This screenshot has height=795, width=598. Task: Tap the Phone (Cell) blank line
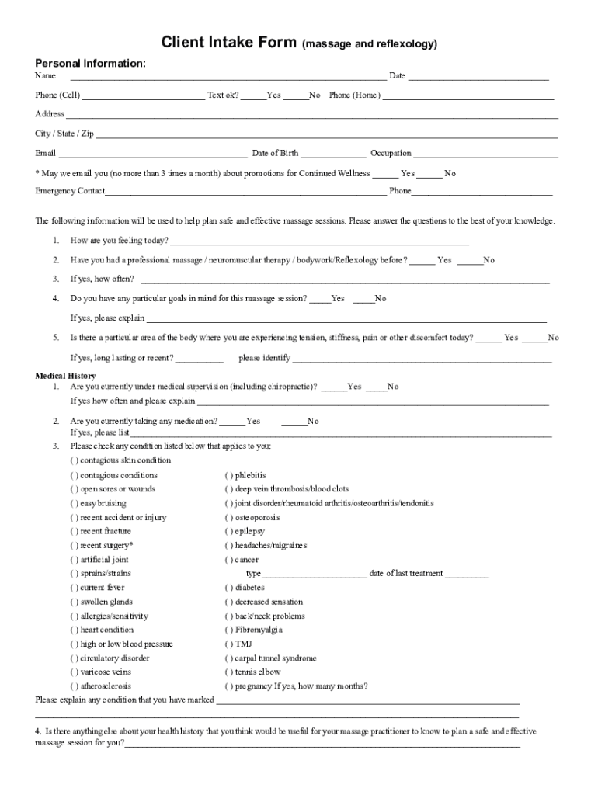pyautogui.click(x=143, y=97)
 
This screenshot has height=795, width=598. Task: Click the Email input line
pyautogui.click(x=153, y=154)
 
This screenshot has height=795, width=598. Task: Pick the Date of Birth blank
pyautogui.click(x=333, y=154)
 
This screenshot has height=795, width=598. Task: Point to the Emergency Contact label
pyautogui.click(x=70, y=191)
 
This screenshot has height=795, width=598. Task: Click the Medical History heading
pyautogui.click(x=65, y=376)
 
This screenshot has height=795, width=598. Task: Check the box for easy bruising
pyautogui.click(x=75, y=503)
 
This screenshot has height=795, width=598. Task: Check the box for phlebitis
pyautogui.click(x=229, y=475)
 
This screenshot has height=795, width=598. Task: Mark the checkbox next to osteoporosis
pyautogui.click(x=229, y=517)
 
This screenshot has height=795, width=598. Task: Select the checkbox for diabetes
pyautogui.click(x=229, y=588)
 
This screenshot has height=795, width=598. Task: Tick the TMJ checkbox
pyautogui.click(x=229, y=644)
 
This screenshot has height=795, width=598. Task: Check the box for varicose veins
pyautogui.click(x=75, y=672)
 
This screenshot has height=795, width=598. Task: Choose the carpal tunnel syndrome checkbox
pyautogui.click(x=229, y=658)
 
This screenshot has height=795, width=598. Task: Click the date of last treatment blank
pyautogui.click(x=467, y=575)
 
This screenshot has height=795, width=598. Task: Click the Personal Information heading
pyautogui.click(x=90, y=63)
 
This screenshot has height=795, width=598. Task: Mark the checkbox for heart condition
pyautogui.click(x=75, y=630)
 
